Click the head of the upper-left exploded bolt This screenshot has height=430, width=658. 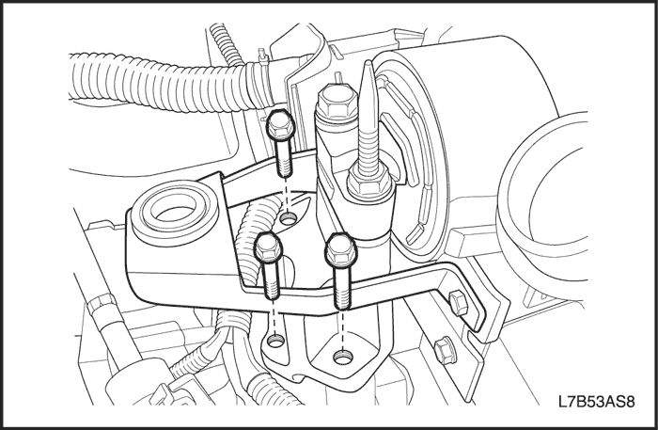click(279, 125)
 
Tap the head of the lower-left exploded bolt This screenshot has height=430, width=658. click(269, 247)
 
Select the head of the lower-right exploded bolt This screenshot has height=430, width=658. click(340, 251)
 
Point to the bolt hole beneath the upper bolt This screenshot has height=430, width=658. click(289, 218)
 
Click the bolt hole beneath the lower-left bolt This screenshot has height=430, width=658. click(275, 340)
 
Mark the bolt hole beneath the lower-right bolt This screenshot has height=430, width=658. click(342, 358)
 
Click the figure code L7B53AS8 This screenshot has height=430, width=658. click(596, 402)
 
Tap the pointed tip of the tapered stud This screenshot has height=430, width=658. click(368, 63)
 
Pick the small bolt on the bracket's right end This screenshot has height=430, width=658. click(458, 302)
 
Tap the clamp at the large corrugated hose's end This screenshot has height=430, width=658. click(259, 83)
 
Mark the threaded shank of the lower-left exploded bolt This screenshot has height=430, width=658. click(272, 281)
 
